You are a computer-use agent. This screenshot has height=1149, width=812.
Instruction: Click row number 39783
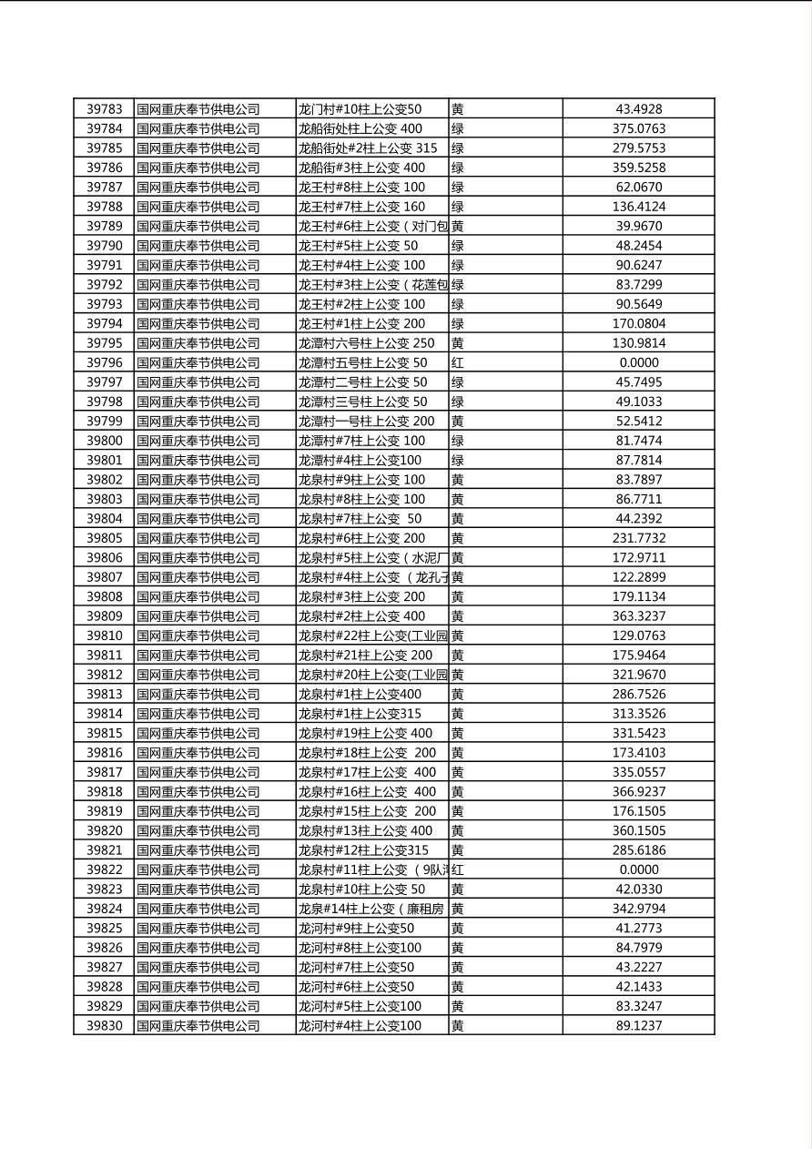point(104,109)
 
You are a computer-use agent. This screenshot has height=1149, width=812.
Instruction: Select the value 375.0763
point(638,129)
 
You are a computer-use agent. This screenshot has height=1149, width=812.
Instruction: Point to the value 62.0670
point(638,188)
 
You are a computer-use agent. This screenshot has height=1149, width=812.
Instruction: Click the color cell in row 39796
point(458,363)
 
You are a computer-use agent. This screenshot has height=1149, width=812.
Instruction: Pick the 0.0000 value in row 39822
point(638,870)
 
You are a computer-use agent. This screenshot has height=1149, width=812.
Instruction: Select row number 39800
point(104,441)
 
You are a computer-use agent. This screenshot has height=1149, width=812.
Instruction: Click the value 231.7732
point(638,539)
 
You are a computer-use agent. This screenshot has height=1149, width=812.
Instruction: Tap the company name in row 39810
point(198,636)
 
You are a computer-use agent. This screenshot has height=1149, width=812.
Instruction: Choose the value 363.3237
point(638,616)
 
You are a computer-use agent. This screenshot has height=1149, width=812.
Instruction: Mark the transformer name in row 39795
point(367,343)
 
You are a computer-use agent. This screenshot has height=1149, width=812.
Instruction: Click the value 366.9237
point(638,792)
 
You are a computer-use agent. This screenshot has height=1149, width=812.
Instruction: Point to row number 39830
point(104,1026)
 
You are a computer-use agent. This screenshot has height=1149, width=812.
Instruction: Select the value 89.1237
point(638,1026)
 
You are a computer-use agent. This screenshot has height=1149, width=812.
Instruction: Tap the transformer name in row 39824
point(371,909)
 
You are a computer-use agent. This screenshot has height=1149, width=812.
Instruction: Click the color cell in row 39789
point(458,227)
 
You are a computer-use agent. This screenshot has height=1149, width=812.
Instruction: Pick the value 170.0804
point(638,324)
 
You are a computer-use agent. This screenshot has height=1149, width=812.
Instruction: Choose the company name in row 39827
point(198,968)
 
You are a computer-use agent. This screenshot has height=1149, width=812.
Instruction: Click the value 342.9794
point(638,909)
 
